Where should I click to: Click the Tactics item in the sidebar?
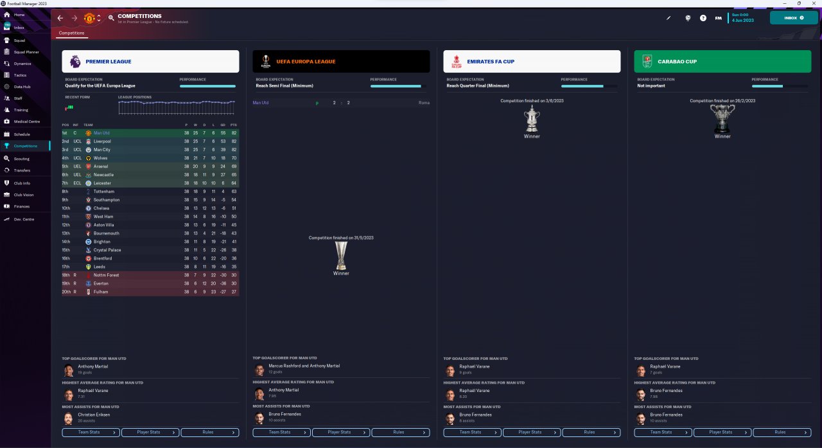(x=20, y=75)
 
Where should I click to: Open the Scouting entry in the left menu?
(x=21, y=158)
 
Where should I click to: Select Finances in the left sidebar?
(x=21, y=206)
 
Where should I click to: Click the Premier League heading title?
(x=108, y=62)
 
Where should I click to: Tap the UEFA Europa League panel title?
(x=306, y=62)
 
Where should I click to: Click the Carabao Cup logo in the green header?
(x=647, y=61)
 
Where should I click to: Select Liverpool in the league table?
(x=102, y=141)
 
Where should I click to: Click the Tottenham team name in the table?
(x=103, y=192)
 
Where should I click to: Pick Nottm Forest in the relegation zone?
(x=106, y=275)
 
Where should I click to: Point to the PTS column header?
(x=234, y=125)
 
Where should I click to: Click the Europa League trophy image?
(x=341, y=255)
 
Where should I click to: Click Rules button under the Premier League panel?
(x=209, y=433)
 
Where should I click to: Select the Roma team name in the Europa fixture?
(x=424, y=103)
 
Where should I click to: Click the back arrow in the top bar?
(x=60, y=18)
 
